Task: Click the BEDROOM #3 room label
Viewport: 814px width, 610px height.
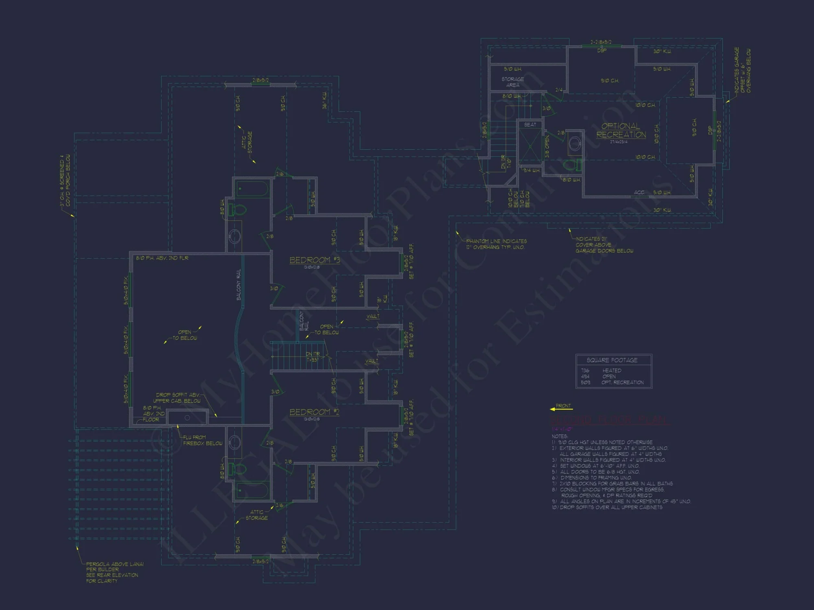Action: coord(314,260)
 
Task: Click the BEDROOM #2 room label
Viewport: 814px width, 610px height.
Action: coord(314,412)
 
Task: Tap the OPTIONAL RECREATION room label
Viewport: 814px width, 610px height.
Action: coord(621,131)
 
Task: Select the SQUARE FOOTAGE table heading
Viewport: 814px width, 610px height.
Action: coord(612,360)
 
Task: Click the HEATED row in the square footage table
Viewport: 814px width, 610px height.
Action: coord(612,370)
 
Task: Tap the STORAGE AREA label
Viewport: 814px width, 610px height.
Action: coord(513,82)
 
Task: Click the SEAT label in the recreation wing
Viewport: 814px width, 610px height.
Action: coord(530,125)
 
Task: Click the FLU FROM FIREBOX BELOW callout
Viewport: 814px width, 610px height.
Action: coord(202,440)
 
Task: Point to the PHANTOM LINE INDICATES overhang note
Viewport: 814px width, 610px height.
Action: coord(496,244)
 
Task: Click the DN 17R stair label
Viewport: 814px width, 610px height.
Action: coord(313,357)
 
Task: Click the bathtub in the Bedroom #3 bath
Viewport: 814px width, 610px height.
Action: coord(252,189)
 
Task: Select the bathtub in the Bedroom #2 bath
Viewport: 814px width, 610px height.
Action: coord(252,490)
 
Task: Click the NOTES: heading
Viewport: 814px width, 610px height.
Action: coord(560,436)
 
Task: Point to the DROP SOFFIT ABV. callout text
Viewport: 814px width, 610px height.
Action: coord(178,398)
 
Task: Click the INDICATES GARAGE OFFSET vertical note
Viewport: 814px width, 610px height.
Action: coord(742,70)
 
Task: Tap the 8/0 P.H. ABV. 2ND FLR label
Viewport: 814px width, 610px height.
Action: coord(162,258)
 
